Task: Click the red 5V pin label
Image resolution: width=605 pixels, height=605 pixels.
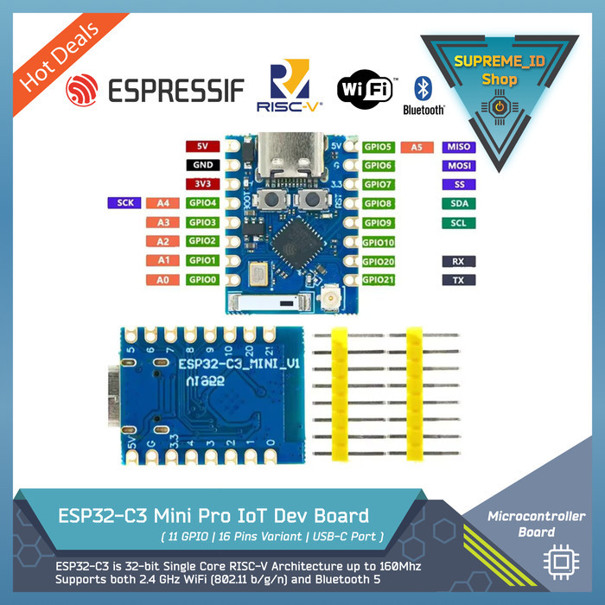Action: pos(203,147)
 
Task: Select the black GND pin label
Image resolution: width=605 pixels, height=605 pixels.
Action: pos(203,165)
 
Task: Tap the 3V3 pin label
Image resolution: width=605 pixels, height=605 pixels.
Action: pos(203,184)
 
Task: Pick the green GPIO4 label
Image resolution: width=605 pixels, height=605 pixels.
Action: pos(203,203)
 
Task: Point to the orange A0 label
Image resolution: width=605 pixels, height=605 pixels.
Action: pos(162,279)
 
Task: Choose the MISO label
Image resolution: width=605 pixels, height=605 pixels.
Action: pos(458,147)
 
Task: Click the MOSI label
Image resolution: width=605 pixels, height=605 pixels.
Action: pos(458,165)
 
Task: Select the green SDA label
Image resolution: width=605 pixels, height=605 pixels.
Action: pos(458,203)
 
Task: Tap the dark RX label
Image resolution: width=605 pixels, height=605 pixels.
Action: pos(458,261)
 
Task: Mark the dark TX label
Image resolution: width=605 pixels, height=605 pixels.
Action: pos(458,280)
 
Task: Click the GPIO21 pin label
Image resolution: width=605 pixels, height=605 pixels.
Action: pos(379,280)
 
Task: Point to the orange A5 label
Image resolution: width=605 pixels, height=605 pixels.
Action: pos(417,147)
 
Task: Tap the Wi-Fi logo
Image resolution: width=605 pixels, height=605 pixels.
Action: pos(365,88)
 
